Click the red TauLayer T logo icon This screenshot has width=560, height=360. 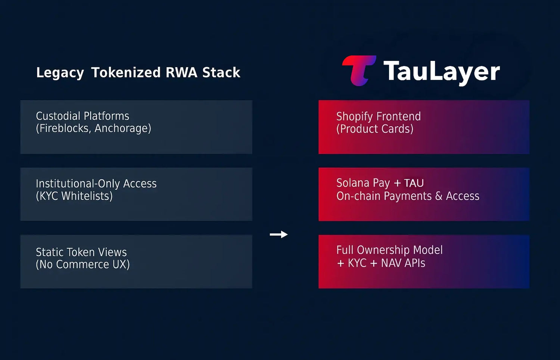tap(359, 71)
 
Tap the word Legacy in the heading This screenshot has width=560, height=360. tap(60, 73)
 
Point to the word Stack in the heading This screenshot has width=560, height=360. tap(221, 72)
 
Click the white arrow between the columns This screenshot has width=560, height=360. tap(279, 235)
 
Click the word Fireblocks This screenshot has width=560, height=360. tap(65, 128)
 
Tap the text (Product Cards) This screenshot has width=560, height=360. tap(375, 129)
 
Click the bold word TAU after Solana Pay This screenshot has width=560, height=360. tap(414, 183)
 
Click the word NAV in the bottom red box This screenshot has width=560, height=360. tap(391, 263)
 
